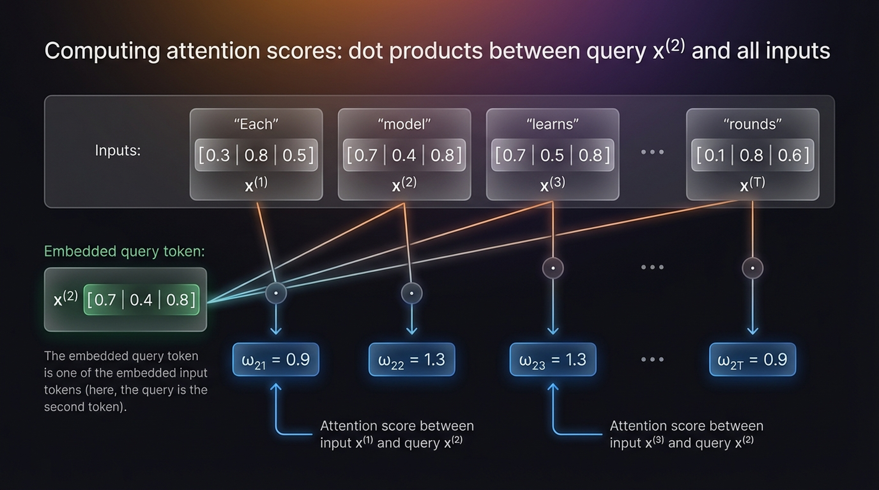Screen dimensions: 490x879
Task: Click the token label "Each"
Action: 256,124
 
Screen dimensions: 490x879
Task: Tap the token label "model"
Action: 404,124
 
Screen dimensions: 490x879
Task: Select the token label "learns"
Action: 552,124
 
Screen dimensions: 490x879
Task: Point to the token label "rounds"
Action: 752,124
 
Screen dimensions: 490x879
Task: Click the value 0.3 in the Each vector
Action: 218,156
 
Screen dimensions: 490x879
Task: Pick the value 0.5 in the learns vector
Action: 552,156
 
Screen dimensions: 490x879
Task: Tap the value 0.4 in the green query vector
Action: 141,300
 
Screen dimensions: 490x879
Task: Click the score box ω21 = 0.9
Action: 275,359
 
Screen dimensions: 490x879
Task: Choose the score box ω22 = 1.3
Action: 412,359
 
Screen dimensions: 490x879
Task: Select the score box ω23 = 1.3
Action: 553,359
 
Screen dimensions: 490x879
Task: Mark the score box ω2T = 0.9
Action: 752,359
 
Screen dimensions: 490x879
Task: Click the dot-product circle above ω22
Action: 412,293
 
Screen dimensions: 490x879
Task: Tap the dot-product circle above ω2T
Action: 752,268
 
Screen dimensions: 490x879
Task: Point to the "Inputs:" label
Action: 118,150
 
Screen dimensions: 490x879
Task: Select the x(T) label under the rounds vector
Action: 752,184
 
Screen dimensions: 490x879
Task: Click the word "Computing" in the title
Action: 102,51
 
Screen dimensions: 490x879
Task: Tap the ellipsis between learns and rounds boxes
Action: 652,152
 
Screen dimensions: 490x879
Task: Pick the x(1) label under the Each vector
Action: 256,184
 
